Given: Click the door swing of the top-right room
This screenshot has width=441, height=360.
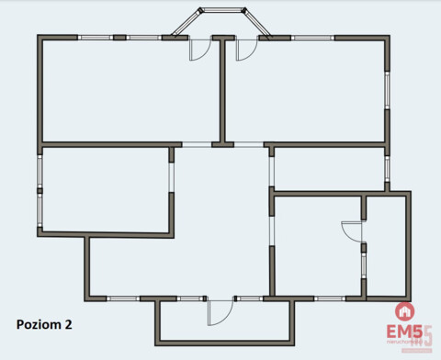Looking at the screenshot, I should pyautogui.click(x=244, y=50).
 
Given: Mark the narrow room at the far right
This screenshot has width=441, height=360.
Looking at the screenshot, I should pyautogui.click(x=386, y=245).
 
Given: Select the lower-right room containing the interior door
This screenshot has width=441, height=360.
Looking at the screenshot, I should pyautogui.click(x=317, y=245).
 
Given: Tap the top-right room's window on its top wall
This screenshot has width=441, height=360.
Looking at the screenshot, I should pyautogui.click(x=312, y=38).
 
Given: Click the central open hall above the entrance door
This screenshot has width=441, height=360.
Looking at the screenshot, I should pyautogui.click(x=220, y=230).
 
